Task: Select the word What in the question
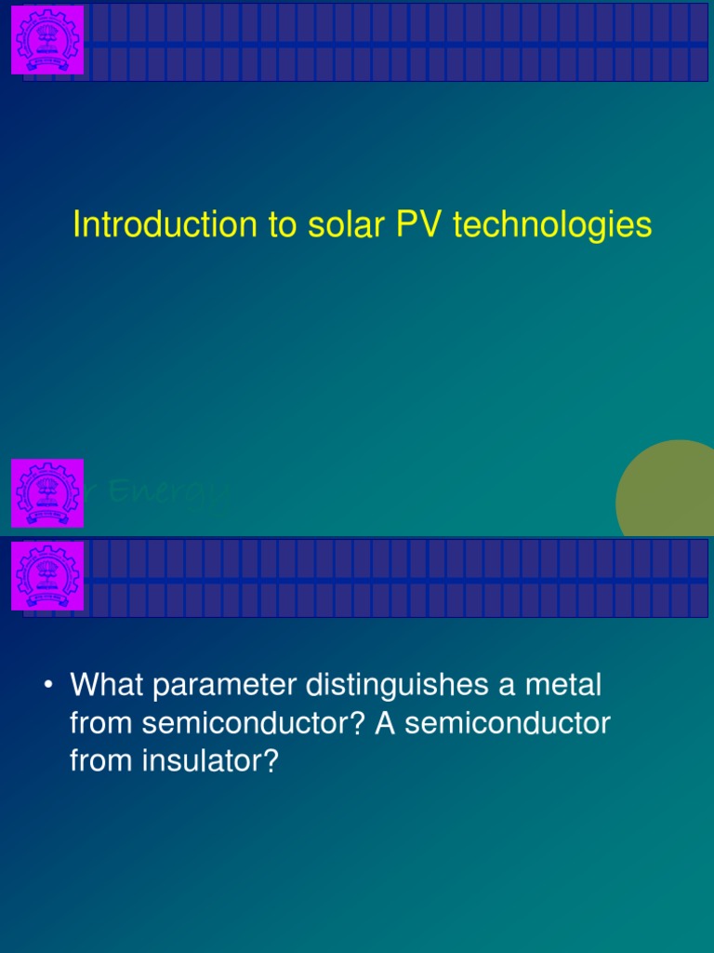pyautogui.click(x=108, y=687)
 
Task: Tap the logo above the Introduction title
pyautogui.click(x=47, y=40)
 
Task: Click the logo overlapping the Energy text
pyautogui.click(x=47, y=493)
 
